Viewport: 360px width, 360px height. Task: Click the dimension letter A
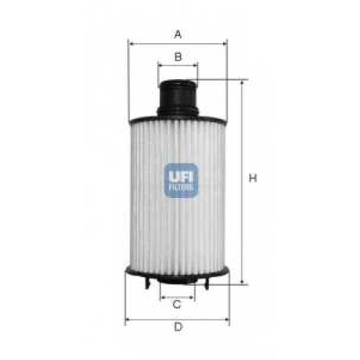pyautogui.click(x=178, y=35)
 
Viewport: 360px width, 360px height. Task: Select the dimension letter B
pyautogui.click(x=178, y=57)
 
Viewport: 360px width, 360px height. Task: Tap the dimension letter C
pyautogui.click(x=177, y=305)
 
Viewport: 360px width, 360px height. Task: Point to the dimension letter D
pyautogui.click(x=178, y=327)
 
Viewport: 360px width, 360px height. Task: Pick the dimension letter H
pyautogui.click(x=253, y=178)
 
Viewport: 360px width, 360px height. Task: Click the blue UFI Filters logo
pyautogui.click(x=181, y=180)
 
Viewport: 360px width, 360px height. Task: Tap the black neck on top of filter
pyautogui.click(x=178, y=99)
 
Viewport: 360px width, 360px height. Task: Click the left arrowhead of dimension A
pyautogui.click(x=131, y=44)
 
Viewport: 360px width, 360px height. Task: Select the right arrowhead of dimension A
pyautogui.click(x=225, y=44)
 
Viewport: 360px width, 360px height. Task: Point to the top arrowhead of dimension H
pyautogui.click(x=242, y=84)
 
